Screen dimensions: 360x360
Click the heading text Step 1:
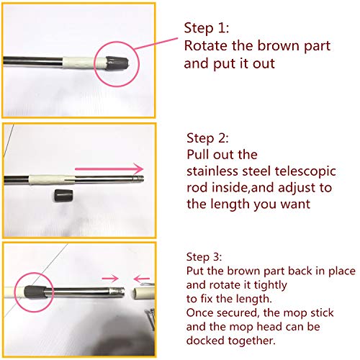207,28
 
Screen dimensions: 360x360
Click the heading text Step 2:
207,138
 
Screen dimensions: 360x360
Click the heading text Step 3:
204,257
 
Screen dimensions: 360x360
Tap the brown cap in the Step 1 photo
117,63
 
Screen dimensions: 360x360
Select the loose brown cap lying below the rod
63,196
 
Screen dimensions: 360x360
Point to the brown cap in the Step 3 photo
35,292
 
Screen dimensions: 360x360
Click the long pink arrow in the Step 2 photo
109,169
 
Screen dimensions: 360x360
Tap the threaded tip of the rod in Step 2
140,179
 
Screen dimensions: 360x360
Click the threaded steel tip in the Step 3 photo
117,292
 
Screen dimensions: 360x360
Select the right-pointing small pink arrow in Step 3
110,279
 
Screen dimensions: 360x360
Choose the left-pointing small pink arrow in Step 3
142,279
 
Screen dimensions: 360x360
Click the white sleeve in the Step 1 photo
84,63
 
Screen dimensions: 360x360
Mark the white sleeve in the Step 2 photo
52,180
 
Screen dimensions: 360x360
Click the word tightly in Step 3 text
271,285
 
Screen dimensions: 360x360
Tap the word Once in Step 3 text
200,312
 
